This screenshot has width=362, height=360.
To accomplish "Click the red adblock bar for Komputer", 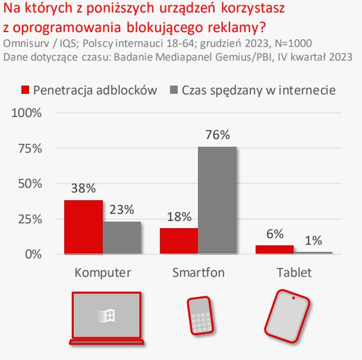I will [x=83, y=227].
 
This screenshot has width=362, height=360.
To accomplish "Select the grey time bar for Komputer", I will [x=122, y=238].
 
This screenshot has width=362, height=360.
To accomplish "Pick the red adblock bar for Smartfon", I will [x=179, y=241].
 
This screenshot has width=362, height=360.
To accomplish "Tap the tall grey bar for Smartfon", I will [x=218, y=200].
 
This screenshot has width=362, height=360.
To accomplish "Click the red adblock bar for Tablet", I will [x=275, y=250].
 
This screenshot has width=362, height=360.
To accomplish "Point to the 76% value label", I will [x=218, y=135].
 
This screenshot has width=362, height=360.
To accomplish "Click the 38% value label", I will [x=83, y=189].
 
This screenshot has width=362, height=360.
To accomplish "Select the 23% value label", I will [x=122, y=210].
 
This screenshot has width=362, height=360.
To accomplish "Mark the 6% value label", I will [x=275, y=233].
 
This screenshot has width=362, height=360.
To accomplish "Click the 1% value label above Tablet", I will [x=313, y=241].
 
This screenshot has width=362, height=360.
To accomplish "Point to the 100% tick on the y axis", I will [x=28, y=113].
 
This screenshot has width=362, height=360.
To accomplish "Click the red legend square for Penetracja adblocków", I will [x=25, y=90].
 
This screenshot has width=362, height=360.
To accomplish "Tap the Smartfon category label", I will [x=199, y=273].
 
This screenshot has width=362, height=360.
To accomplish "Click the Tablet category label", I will [x=294, y=273].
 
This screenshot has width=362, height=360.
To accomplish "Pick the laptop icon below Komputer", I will [x=105, y=318].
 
